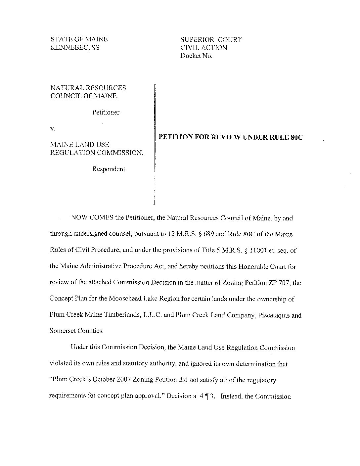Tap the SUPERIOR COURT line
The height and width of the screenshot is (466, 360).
tap(211, 40)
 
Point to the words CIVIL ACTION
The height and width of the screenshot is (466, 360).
tap(204, 48)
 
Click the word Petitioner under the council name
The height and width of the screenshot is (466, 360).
tap(106, 112)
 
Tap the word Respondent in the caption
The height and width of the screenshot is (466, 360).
tap(109, 169)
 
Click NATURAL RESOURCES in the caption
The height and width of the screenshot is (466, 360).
tap(88, 88)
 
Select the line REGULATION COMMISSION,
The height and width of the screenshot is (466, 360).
tap(97, 153)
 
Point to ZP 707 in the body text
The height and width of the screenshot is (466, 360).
tap(279, 283)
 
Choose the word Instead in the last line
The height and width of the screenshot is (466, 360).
tap(231, 396)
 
